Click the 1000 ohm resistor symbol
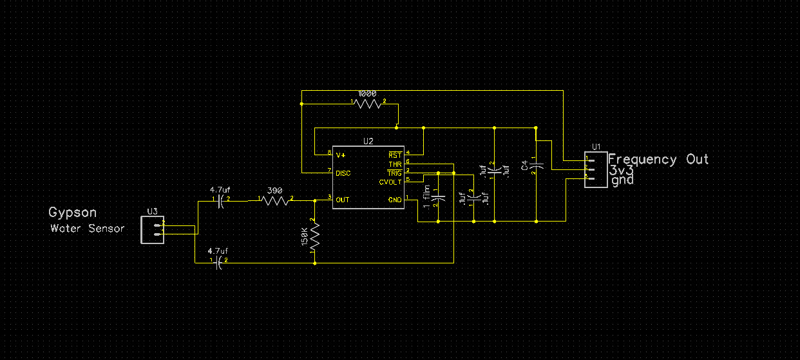click(368, 102)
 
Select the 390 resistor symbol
click(276, 200)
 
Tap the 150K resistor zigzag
click(314, 240)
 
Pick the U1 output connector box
click(596, 169)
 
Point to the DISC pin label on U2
click(343, 173)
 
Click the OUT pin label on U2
click(343, 200)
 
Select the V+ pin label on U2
click(341, 155)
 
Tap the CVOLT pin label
click(390, 182)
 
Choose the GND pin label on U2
click(395, 200)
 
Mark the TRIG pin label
click(394, 173)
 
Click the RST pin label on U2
click(395, 155)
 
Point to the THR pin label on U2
click(395, 165)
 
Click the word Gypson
click(73, 213)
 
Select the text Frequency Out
click(658, 159)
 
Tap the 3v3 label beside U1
click(622, 171)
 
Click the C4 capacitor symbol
click(537, 166)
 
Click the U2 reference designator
click(368, 140)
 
